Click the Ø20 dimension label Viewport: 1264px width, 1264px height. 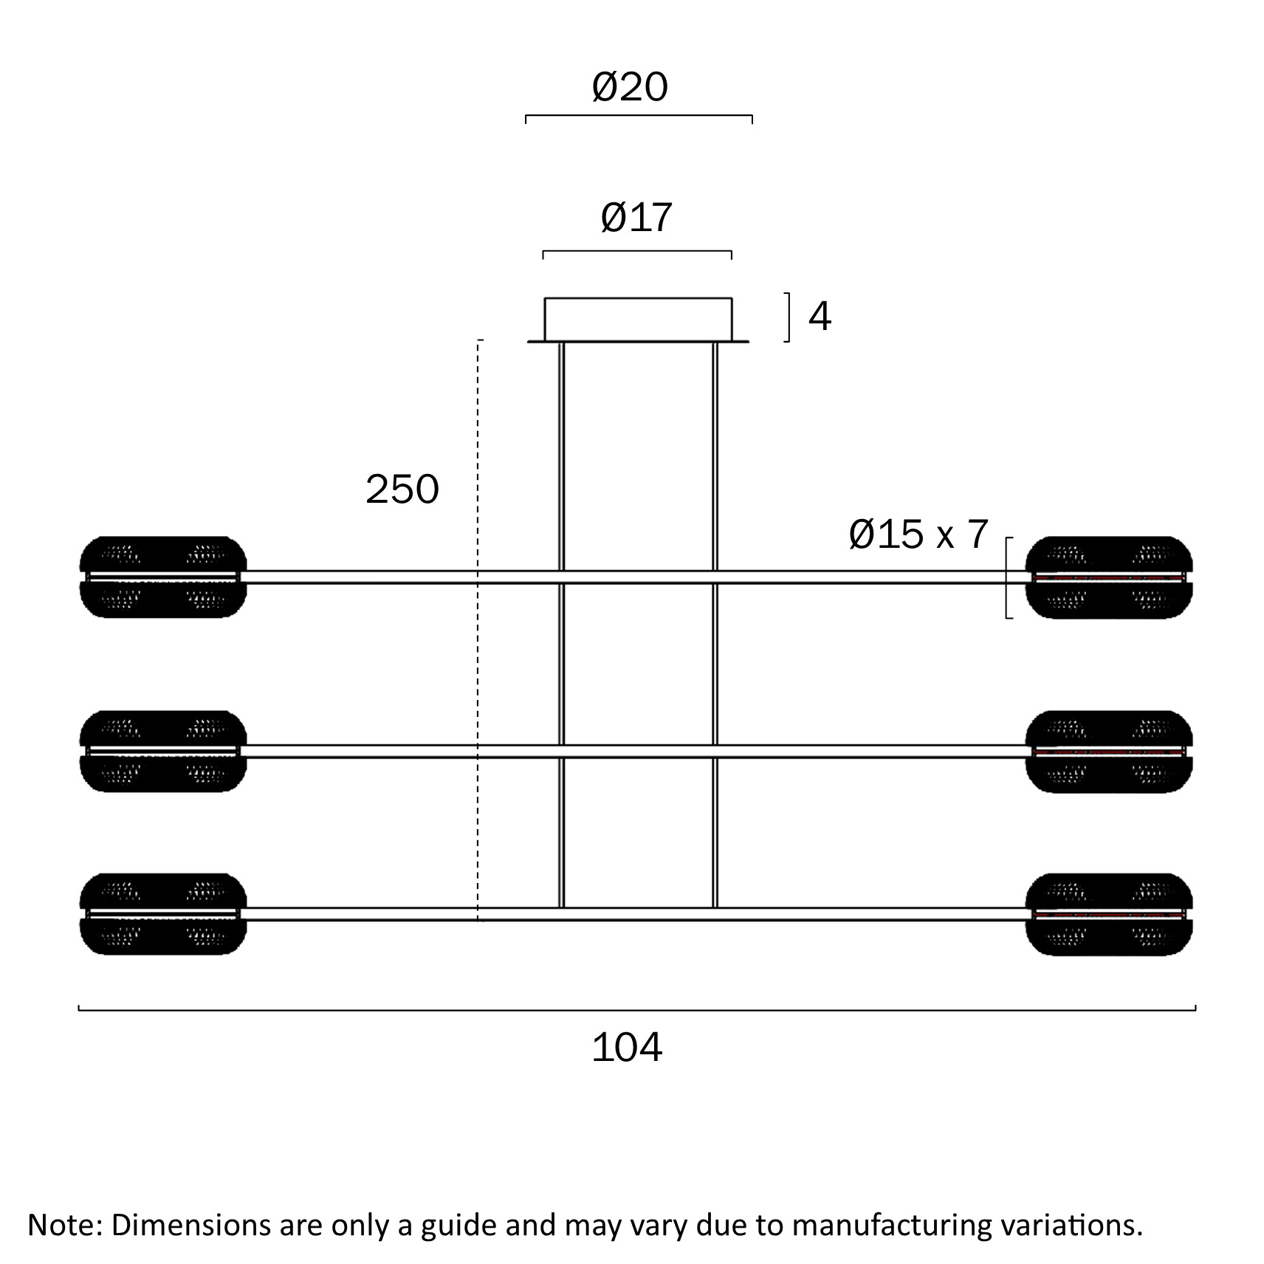tap(630, 87)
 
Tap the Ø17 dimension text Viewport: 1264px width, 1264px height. tap(636, 218)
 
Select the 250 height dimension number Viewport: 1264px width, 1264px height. tap(402, 490)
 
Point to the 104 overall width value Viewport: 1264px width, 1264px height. tap(628, 1048)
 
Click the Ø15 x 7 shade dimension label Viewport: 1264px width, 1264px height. tap(918, 535)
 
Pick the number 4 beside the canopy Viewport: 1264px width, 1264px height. tap(820, 316)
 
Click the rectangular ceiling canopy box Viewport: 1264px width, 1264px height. tap(638, 319)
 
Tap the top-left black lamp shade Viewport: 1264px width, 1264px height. tap(163, 577)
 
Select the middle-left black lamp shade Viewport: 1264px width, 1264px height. tap(163, 751)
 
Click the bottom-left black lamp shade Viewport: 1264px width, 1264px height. tap(163, 914)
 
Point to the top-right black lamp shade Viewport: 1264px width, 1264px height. tap(1109, 577)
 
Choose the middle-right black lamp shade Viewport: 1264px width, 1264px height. tap(1109, 752)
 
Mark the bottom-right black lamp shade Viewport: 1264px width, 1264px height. tap(1109, 915)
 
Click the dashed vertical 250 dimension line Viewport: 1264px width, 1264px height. tap(478, 631)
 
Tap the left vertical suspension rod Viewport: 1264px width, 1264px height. tap(562, 625)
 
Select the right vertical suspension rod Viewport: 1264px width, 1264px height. tap(715, 625)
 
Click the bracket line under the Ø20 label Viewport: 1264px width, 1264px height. tap(639, 116)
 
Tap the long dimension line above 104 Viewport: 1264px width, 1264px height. tap(637, 1009)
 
